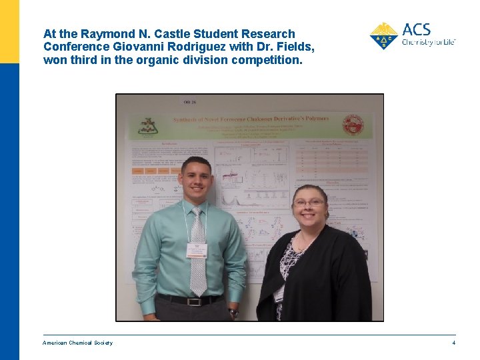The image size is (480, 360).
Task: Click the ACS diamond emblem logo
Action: pyautogui.click(x=383, y=36)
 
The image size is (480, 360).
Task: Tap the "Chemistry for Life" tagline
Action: pyautogui.click(x=428, y=42)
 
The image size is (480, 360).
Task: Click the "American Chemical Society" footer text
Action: pyautogui.click(x=77, y=343)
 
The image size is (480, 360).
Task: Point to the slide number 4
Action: pyautogui.click(x=453, y=343)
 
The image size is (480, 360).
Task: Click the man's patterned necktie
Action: pyautogui.click(x=198, y=253)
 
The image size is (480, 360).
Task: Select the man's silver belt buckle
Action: pyautogui.click(x=194, y=301)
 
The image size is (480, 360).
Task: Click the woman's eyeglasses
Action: pyautogui.click(x=309, y=202)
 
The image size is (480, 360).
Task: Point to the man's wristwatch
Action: pyautogui.click(x=233, y=311)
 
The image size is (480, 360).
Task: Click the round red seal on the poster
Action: pyautogui.click(x=353, y=125)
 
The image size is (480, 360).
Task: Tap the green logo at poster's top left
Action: pyautogui.click(x=147, y=125)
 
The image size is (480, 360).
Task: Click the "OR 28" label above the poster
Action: pyautogui.click(x=190, y=102)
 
